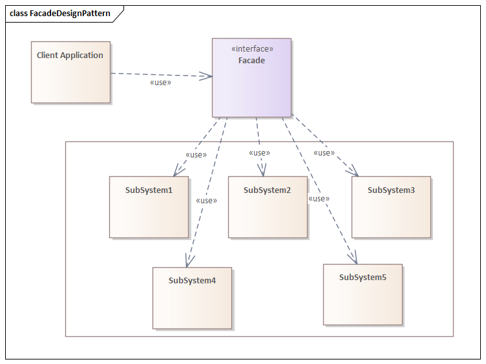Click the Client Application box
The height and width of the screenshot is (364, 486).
tap(70, 72)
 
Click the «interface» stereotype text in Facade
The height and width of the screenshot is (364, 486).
tap(252, 49)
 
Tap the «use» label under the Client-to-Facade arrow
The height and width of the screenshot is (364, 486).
tap(160, 83)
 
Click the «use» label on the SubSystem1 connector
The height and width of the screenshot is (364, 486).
tap(196, 155)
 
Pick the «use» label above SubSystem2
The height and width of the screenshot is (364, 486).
tap(259, 153)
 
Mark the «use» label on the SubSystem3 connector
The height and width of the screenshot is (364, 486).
tap(324, 153)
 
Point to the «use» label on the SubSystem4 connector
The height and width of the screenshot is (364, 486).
tap(206, 201)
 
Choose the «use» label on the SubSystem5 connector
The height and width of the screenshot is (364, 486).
tap(319, 199)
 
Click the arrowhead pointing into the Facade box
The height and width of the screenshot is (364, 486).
tap(207, 76)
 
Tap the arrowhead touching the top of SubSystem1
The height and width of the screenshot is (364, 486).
tap(176, 170)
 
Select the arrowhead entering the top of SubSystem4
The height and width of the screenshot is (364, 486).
tap(188, 261)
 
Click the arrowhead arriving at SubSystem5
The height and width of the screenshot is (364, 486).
tap(353, 258)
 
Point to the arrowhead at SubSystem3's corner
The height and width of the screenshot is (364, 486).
tap(354, 171)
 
